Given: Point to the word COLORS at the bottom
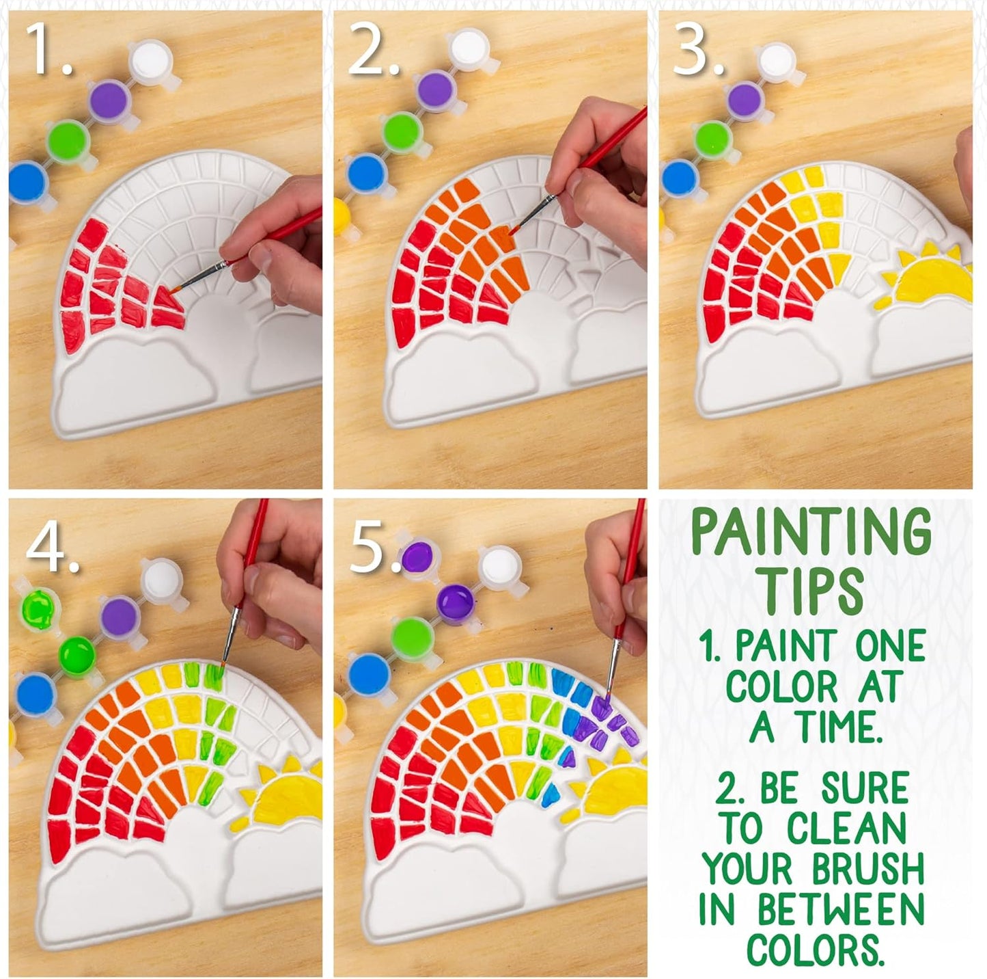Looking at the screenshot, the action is point(811,949).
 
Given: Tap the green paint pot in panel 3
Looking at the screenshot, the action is point(712,137).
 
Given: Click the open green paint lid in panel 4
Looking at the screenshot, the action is point(38,608).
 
